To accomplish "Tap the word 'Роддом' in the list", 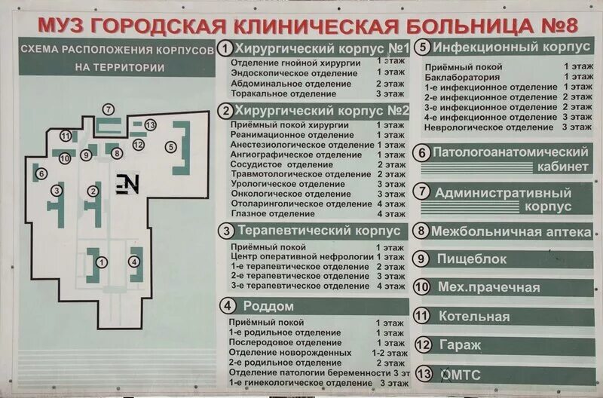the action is (268, 306).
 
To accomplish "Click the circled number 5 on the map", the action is (172, 147).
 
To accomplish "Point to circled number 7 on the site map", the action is (109, 109).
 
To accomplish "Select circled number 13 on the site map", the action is (150, 125).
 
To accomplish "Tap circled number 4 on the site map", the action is (134, 262).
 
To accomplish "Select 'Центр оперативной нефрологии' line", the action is (301, 256).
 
